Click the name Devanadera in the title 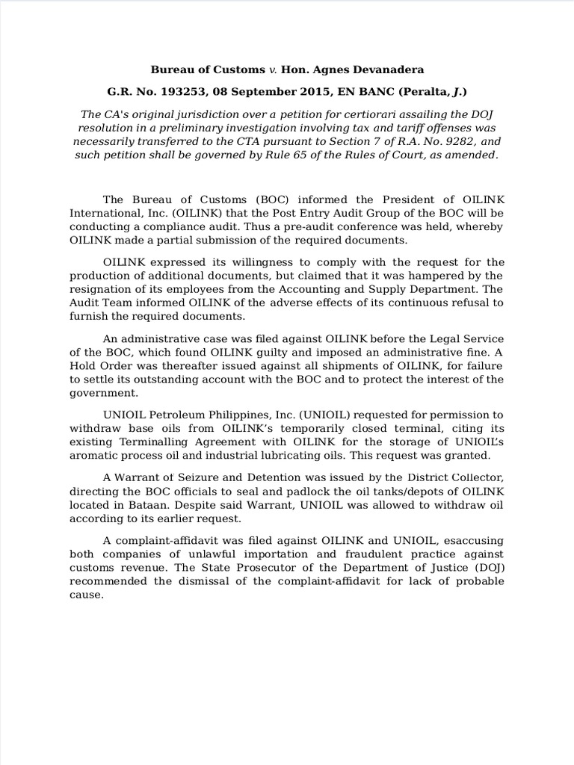click(x=386, y=69)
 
